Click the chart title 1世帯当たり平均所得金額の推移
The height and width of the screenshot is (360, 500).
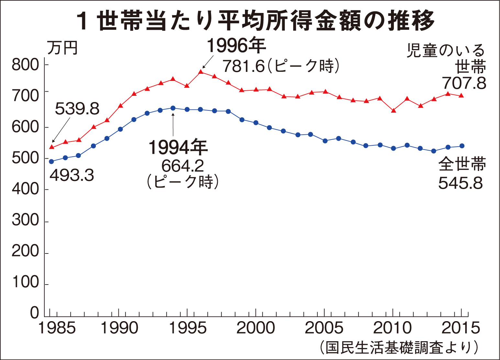click(255, 21)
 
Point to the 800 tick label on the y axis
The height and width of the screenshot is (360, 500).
click(26, 65)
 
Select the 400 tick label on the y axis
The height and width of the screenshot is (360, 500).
click(26, 189)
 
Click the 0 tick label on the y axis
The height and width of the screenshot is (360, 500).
click(34, 313)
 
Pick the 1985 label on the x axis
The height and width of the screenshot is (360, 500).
click(57, 328)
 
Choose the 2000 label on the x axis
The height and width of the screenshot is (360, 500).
click(256, 328)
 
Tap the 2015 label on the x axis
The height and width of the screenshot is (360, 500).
click(461, 328)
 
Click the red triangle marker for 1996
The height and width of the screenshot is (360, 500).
click(201, 72)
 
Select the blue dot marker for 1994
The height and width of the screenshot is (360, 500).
click(173, 108)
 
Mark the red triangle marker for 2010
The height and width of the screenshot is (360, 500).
click(394, 110)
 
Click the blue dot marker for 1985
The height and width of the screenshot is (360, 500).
click(51, 161)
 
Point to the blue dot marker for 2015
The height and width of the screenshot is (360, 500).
click(462, 146)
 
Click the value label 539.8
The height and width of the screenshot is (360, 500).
click(77, 109)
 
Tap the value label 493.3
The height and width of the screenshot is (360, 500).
click(72, 175)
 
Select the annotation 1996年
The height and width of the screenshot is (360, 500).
click(236, 46)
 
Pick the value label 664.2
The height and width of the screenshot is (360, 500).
click(183, 166)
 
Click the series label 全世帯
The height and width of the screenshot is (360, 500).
click(462, 164)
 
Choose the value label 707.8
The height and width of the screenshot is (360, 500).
click(464, 83)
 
